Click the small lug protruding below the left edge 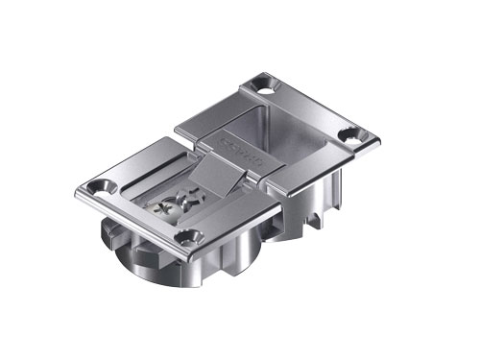[x=108, y=229]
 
